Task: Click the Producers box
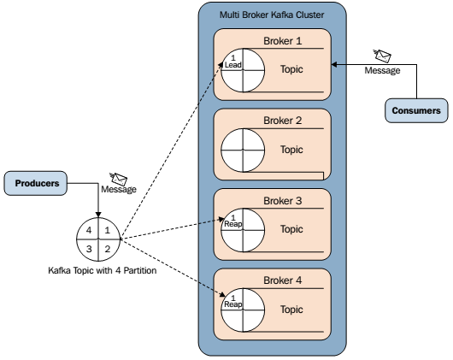[36, 183]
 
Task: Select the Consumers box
[416, 110]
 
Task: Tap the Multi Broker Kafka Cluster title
[272, 15]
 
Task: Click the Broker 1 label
[283, 41]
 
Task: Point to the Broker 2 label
[283, 121]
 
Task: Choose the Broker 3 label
[283, 200]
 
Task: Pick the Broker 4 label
[283, 280]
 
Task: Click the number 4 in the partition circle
[89, 230]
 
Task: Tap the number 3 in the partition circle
[89, 249]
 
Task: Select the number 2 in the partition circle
[108, 249]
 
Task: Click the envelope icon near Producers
[119, 179]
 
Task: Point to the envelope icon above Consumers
[382, 56]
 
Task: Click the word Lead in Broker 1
[232, 65]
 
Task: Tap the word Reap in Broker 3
[233, 224]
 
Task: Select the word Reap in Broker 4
[233, 304]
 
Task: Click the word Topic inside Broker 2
[291, 150]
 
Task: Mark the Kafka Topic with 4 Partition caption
[103, 270]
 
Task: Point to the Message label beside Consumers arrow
[382, 70]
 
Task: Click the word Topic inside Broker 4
[291, 310]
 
